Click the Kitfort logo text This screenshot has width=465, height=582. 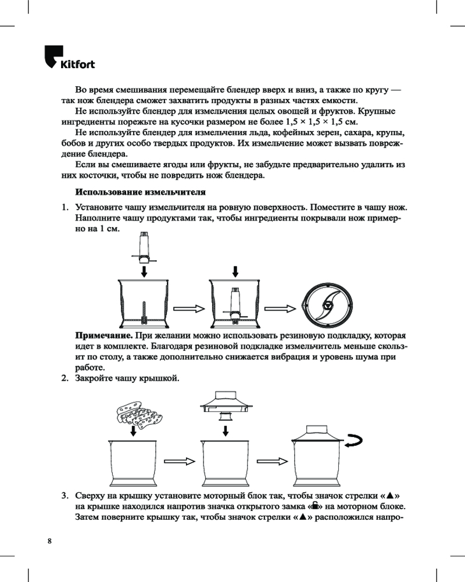coord(77,64)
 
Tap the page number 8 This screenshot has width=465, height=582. coord(49,541)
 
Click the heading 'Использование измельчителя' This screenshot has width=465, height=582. coord(141,192)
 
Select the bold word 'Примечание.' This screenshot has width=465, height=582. coord(104,336)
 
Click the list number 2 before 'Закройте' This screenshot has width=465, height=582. coord(65,378)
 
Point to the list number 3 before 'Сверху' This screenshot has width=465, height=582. coord(65,495)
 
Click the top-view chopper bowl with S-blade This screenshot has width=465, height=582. coord(327,306)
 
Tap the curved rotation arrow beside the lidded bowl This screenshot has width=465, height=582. coord(354,441)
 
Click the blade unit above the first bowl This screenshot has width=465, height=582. coord(144,247)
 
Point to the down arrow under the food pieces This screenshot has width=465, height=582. coord(133,431)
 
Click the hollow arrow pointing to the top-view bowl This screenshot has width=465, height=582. coord(280,308)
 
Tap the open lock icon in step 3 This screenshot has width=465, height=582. coord(315,506)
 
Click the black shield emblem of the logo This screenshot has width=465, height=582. coord(53,56)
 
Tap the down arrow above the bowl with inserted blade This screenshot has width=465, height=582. coord(235,272)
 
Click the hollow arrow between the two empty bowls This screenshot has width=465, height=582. coord(180,462)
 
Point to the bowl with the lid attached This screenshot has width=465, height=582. coord(316,456)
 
